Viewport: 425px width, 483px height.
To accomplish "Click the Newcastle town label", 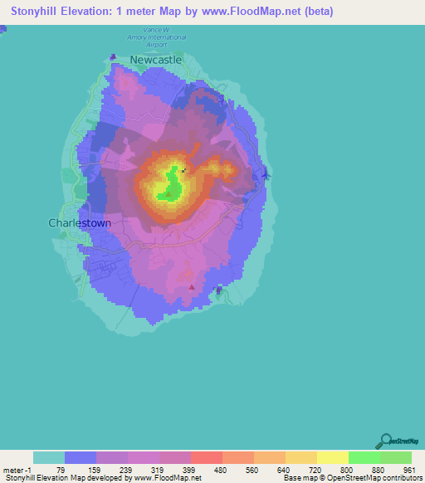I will [155, 60].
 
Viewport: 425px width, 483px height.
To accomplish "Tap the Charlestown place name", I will [80, 223].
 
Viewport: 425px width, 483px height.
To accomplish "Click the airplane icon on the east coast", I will [265, 174].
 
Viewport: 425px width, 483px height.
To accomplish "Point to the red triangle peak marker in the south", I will [193, 287].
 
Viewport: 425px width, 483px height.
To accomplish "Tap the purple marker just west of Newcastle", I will [114, 57].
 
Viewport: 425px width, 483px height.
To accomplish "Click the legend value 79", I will [61, 470].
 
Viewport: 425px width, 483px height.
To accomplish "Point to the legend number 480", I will [219, 470].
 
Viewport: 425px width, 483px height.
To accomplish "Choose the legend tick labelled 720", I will [314, 470].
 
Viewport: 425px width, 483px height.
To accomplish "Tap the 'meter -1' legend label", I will [17, 470].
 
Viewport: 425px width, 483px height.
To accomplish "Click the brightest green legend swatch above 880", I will [364, 457].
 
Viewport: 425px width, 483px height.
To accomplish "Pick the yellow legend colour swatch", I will [332, 457].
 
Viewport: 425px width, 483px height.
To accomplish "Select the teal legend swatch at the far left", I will [49, 457].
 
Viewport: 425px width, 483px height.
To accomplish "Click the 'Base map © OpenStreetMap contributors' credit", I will [351, 478].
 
